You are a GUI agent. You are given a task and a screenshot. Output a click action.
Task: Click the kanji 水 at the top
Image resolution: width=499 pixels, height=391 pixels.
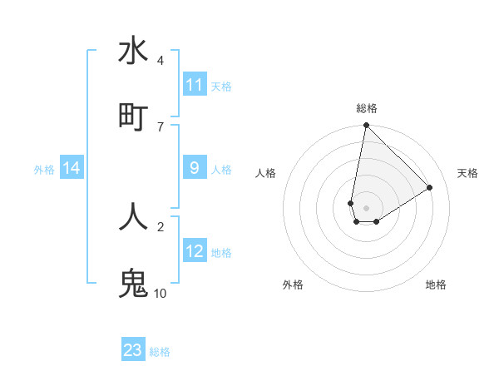(x=133, y=52)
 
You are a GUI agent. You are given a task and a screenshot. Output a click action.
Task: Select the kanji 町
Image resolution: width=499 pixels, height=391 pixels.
(x=133, y=116)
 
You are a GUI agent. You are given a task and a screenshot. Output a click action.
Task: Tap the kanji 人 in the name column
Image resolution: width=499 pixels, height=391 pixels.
(x=133, y=216)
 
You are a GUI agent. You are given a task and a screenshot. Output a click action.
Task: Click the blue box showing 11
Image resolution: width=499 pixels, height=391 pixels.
(x=195, y=85)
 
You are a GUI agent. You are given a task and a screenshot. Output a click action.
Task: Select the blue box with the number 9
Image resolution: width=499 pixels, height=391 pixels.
(x=195, y=168)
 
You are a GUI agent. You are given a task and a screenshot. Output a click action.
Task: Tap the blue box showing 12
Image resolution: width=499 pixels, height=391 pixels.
(x=195, y=251)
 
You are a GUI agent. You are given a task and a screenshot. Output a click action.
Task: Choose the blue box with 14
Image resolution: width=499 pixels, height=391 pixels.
(x=72, y=168)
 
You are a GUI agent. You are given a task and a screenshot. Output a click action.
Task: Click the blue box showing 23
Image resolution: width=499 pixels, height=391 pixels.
(x=133, y=350)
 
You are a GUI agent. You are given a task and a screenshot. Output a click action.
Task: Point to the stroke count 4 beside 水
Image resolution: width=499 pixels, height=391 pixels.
(x=161, y=61)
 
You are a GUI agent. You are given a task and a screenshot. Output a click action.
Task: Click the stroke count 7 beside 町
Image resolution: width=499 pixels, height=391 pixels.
(x=161, y=126)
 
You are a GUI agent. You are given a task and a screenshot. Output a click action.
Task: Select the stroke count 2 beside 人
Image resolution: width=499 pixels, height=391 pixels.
(x=161, y=225)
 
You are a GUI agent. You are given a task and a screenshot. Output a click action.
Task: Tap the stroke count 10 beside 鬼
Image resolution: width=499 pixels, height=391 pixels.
(x=161, y=293)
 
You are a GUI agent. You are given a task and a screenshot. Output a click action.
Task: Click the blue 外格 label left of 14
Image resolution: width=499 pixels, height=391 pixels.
(x=44, y=169)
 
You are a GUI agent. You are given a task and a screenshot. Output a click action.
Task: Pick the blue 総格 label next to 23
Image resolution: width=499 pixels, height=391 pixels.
(x=160, y=351)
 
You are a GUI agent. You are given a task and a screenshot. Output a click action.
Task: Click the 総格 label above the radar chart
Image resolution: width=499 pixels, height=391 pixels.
(x=366, y=109)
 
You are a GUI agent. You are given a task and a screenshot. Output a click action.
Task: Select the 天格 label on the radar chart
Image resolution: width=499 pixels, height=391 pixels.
(x=467, y=173)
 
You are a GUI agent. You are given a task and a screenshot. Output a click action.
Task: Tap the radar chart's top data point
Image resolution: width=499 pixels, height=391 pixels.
(x=366, y=126)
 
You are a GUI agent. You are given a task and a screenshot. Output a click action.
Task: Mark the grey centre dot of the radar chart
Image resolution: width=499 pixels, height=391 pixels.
(x=366, y=207)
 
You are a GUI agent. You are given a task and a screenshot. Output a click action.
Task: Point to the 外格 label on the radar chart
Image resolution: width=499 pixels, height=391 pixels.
(x=293, y=285)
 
